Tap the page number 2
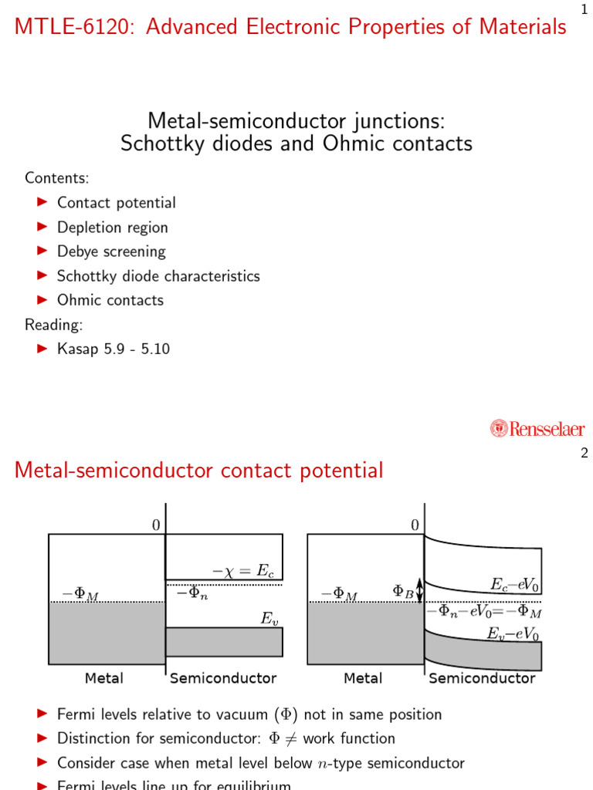(x=585, y=454)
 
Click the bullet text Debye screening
(x=111, y=252)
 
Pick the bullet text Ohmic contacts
(x=110, y=300)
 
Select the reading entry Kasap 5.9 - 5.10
(x=114, y=349)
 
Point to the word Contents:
(x=57, y=178)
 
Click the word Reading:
(x=54, y=324)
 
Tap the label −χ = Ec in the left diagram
(x=243, y=572)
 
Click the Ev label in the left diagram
(x=269, y=617)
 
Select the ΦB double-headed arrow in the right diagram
(x=419, y=591)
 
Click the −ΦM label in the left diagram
(x=80, y=595)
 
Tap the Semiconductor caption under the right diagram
(x=482, y=678)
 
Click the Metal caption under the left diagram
(x=103, y=678)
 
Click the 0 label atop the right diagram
(x=415, y=525)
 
